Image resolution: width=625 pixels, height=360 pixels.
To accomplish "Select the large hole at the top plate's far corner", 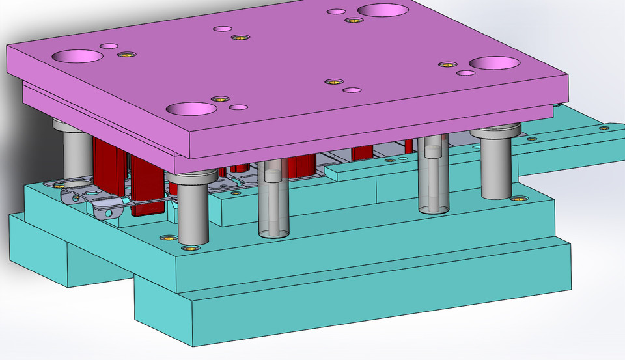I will (383, 10).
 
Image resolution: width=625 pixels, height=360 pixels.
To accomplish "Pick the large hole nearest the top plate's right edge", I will (494, 62).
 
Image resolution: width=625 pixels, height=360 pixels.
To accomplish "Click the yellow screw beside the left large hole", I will (122, 54).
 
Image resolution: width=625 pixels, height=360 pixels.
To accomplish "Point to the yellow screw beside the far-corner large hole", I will (353, 20).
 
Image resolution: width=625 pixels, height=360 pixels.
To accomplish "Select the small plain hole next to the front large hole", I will (238, 107).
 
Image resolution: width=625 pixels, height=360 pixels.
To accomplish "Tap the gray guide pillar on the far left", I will (77, 156).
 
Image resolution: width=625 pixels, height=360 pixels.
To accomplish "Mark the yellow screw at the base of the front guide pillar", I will (191, 247).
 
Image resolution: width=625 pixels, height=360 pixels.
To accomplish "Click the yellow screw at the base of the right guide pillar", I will (518, 198).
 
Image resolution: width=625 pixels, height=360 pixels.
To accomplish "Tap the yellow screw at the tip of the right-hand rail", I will (605, 128).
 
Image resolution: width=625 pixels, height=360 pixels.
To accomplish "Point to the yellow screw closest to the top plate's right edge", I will (447, 64).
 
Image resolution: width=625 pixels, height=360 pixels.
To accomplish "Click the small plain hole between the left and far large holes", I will (223, 29).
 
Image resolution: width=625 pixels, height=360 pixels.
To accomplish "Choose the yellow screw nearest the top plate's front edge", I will (219, 99).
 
